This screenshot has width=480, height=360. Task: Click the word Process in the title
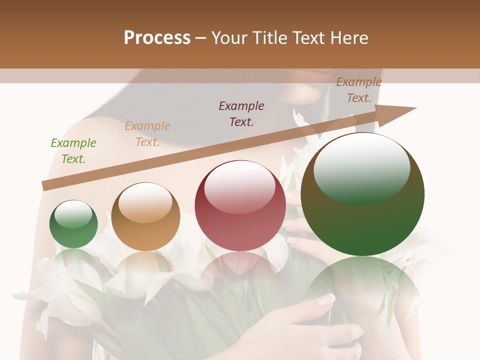157,38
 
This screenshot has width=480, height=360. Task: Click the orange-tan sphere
145,217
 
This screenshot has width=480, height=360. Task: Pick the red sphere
240,205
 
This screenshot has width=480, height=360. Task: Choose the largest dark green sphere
362,194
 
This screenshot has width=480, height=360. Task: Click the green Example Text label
73,151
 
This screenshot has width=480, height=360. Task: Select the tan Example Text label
147,134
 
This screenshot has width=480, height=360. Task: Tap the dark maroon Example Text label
241,113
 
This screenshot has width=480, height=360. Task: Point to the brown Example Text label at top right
359,90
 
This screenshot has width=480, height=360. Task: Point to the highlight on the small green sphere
73,214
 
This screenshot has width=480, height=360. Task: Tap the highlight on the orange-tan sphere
145,201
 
